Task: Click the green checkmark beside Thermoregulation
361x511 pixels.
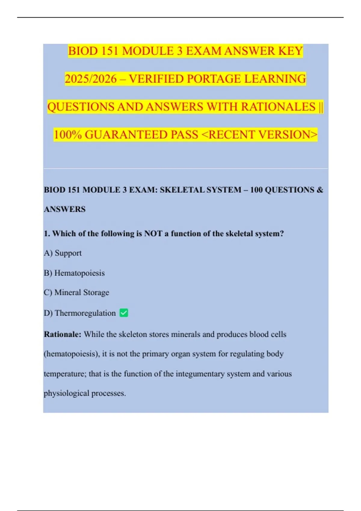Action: pos(124,313)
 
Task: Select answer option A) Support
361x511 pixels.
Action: pos(63,253)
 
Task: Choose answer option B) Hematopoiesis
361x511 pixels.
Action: pos(74,273)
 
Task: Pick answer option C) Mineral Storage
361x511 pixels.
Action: pos(76,292)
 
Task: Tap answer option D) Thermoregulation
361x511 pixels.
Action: pos(80,313)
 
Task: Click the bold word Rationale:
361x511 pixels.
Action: pos(63,334)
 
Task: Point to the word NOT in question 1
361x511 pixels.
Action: pos(153,234)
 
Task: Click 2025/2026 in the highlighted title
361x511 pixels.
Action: pos(91,79)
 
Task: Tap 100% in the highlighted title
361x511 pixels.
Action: pos(68,135)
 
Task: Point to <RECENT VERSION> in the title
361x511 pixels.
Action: pos(259,135)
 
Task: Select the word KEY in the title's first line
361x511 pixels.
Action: pos(290,51)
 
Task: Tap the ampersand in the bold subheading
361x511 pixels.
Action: pos(320,190)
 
